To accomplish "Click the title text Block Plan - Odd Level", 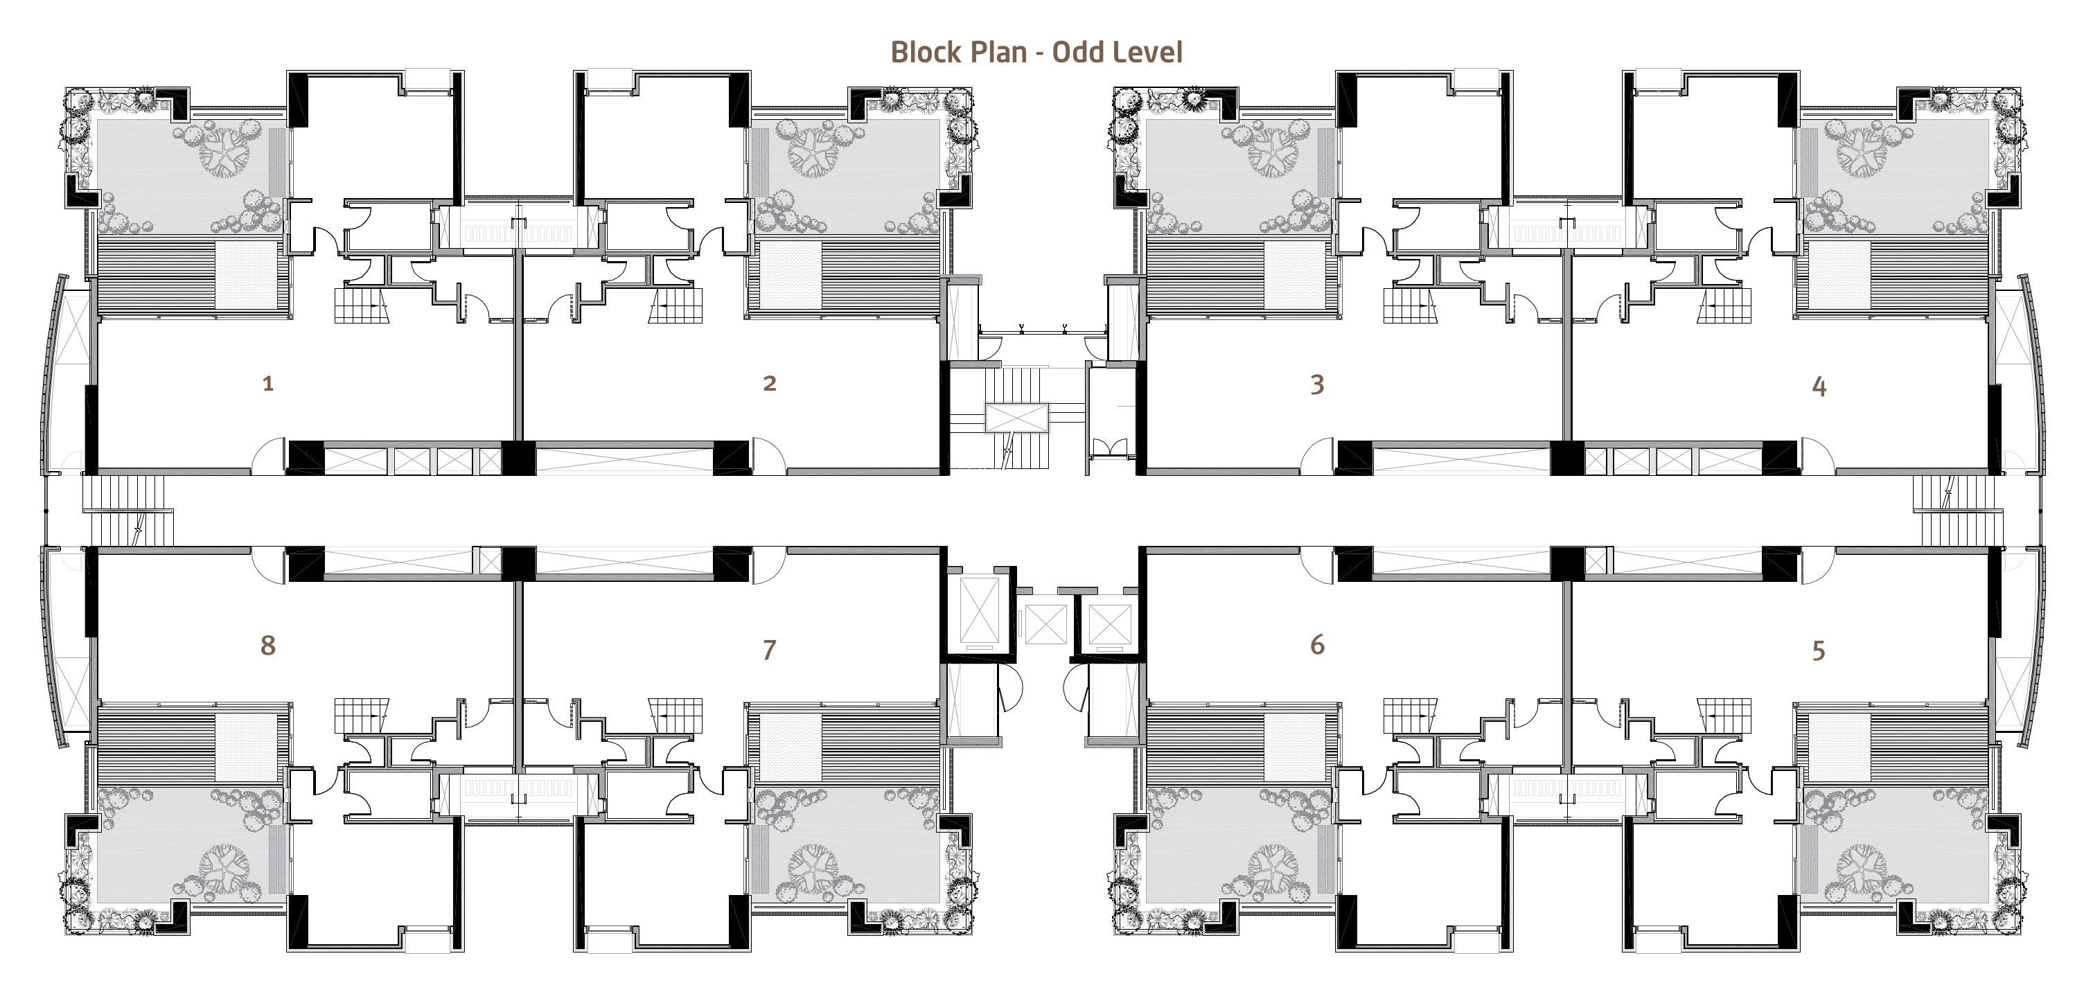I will (x=1036, y=53).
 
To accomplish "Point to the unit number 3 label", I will (x=1317, y=384).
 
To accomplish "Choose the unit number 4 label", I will (x=1819, y=387).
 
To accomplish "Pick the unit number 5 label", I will (x=1819, y=650).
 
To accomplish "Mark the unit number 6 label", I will (x=1317, y=645).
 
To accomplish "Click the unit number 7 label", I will (x=769, y=649).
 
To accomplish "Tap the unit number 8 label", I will (x=268, y=645).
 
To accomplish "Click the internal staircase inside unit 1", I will (x=361, y=306).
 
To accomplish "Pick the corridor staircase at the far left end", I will (x=127, y=510).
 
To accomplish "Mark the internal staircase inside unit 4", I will (x=1724, y=306).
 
